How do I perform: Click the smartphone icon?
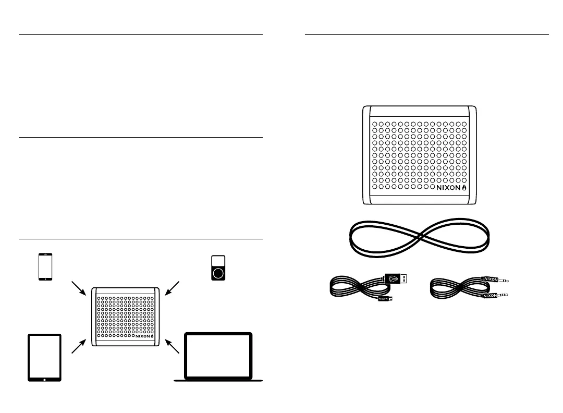point(46,267)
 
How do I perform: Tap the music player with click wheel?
point(219,268)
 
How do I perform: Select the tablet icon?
point(44,358)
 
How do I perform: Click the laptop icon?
point(219,358)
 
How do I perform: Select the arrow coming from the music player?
point(173,288)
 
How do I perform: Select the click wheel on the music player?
point(219,272)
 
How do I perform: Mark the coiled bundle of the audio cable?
point(454,288)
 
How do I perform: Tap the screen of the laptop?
point(219,355)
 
